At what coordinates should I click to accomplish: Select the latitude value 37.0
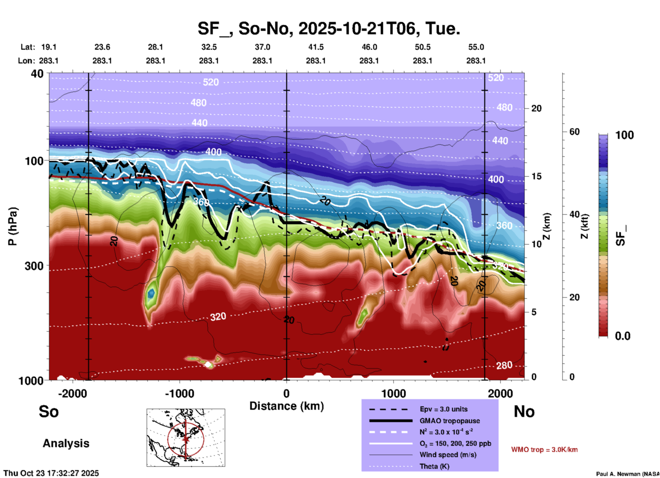[262, 47]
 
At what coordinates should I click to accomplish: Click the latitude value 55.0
[476, 47]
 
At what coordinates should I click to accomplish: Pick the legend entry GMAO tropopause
[449, 421]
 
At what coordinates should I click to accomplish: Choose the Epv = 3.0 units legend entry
[443, 409]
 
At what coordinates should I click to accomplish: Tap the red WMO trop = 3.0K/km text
[544, 450]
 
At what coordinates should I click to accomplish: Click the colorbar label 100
[624, 135]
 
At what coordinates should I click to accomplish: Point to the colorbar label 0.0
[623, 336]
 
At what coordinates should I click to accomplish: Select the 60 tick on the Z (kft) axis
[574, 132]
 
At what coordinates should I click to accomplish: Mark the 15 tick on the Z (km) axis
[536, 176]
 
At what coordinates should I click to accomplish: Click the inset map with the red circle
[186, 438]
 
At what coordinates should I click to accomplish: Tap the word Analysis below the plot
[66, 443]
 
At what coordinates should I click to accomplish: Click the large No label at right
[524, 411]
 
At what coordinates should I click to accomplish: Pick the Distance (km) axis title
[286, 406]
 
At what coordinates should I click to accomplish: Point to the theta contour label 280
[504, 366]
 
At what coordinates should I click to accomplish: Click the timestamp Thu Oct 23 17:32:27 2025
[51, 473]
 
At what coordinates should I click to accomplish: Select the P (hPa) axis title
[13, 226]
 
